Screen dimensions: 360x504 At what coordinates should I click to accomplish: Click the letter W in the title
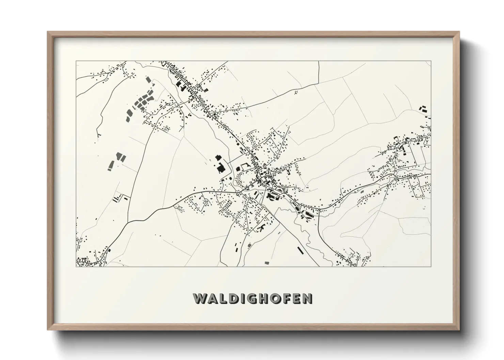point(200,298)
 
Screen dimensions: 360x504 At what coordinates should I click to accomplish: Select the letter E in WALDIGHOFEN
point(297,298)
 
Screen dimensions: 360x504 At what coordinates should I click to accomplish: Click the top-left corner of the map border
point(76,61)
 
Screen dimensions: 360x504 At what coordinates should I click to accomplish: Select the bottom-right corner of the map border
point(431,266)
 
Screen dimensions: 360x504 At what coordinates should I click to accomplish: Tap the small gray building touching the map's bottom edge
point(267,263)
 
